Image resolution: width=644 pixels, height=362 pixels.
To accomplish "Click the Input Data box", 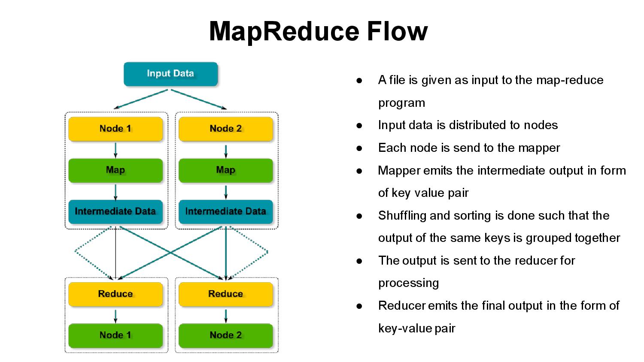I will [x=170, y=74].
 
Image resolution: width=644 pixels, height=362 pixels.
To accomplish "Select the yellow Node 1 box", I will [x=115, y=129].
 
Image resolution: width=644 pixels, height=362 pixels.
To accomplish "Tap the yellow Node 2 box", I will [x=226, y=129].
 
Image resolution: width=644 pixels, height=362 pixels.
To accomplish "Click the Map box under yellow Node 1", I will [x=115, y=170].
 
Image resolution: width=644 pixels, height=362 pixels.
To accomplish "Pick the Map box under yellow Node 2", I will [x=226, y=170].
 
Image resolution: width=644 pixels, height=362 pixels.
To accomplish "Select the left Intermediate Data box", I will [x=115, y=211].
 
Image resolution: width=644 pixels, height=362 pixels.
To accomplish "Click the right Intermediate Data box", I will [x=226, y=211].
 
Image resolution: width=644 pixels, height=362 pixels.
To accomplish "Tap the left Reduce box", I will [x=115, y=294].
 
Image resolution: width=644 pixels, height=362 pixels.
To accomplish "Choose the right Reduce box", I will [x=226, y=294].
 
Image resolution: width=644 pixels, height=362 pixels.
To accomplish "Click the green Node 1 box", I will [x=115, y=335].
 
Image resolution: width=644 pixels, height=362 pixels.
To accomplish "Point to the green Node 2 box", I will [x=226, y=335].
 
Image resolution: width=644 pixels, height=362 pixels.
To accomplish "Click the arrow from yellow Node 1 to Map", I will [x=115, y=150].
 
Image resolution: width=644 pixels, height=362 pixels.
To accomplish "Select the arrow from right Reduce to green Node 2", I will [x=226, y=316].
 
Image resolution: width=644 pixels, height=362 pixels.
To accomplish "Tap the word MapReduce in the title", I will [x=284, y=31].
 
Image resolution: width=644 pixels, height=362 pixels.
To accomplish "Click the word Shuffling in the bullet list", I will [x=402, y=215].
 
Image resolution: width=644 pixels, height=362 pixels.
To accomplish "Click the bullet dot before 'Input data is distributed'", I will [x=359, y=125].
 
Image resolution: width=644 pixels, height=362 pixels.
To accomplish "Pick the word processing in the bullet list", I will [x=408, y=283].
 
